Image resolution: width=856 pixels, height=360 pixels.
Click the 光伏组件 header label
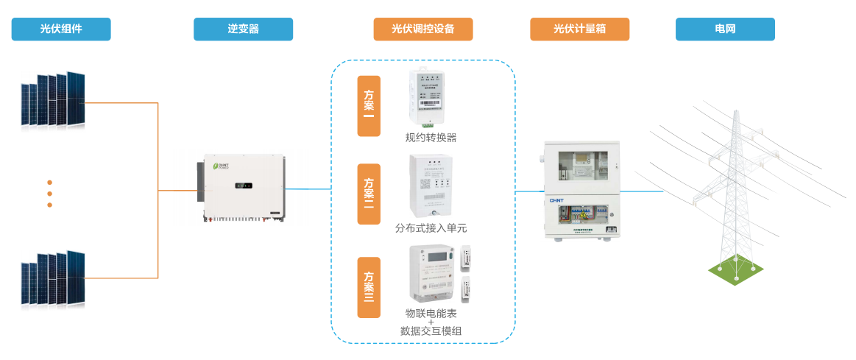pyautogui.click(x=61, y=29)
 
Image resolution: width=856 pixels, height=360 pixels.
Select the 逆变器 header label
pyautogui.click(x=243, y=29)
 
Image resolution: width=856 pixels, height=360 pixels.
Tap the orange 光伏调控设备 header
pyautogui.click(x=422, y=29)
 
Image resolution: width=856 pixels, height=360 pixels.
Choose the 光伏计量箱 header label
pyautogui.click(x=579, y=29)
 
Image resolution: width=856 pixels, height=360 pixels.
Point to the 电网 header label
pyautogui.click(x=725, y=29)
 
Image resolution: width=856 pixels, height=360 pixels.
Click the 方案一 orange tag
pyautogui.click(x=369, y=105)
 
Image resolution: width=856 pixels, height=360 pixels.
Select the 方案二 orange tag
pyautogui.click(x=369, y=194)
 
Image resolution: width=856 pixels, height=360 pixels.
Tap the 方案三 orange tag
pyautogui.click(x=369, y=287)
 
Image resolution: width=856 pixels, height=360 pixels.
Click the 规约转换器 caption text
pyautogui.click(x=431, y=138)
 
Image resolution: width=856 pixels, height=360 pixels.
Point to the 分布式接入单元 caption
pyautogui.click(x=431, y=228)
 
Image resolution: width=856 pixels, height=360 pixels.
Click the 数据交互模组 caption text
pyautogui.click(x=431, y=331)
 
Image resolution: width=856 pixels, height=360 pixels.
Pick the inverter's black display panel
pyautogui.click(x=244, y=186)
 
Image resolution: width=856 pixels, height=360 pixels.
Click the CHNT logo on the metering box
pyautogui.click(x=556, y=200)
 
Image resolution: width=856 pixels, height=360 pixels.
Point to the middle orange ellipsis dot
pyautogui.click(x=50, y=194)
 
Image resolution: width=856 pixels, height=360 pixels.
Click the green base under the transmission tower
pyautogui.click(x=735, y=271)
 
